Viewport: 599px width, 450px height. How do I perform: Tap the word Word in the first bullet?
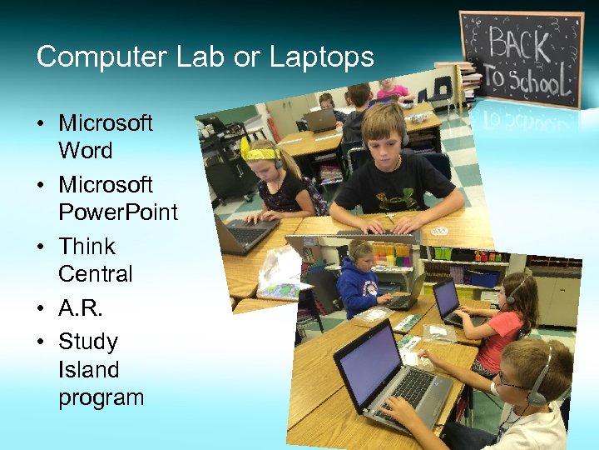(85, 151)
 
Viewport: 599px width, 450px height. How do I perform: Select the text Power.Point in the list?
(118, 212)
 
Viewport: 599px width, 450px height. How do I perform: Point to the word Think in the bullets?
(87, 247)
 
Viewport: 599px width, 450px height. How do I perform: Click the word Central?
(95, 274)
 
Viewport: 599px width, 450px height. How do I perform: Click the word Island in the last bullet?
(88, 369)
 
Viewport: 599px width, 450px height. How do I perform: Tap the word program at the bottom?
(101, 397)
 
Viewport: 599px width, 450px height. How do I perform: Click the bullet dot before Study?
(41, 342)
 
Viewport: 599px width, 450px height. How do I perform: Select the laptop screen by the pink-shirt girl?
(446, 297)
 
